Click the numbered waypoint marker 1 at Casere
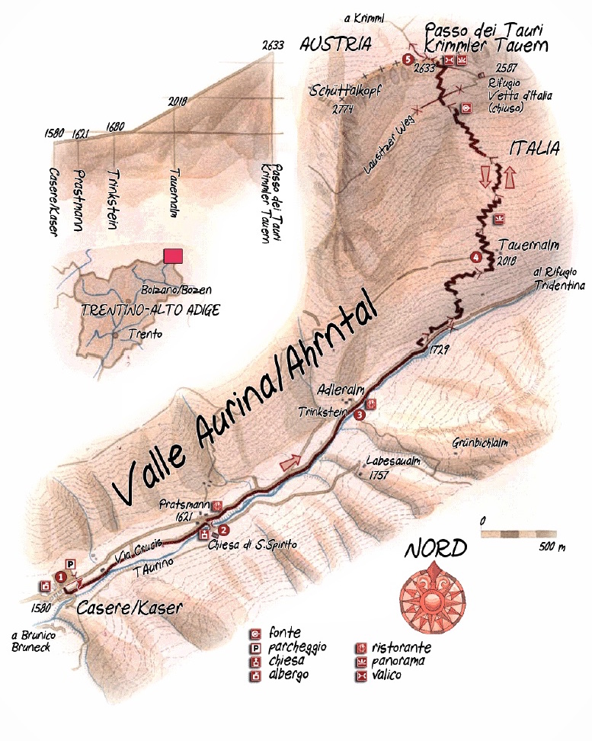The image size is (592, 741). click(60, 576)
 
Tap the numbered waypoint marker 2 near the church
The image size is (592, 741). click(223, 529)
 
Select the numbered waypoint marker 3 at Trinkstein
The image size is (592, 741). click(359, 415)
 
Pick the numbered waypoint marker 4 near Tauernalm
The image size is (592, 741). click(476, 257)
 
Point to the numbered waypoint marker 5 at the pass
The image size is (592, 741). click(408, 59)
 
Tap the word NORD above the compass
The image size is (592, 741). click(435, 549)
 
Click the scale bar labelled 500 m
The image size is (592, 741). click(519, 534)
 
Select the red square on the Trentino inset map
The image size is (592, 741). click(173, 257)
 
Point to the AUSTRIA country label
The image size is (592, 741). click(335, 44)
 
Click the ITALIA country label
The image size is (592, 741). click(535, 148)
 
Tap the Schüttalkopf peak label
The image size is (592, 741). click(344, 91)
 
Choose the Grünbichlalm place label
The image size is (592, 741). click(479, 443)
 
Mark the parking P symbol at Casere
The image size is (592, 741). click(71, 563)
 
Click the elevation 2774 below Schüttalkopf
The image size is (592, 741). click(344, 109)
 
